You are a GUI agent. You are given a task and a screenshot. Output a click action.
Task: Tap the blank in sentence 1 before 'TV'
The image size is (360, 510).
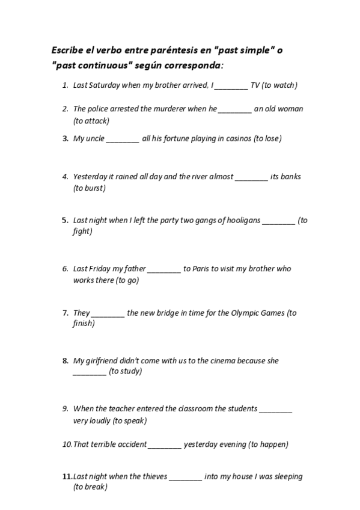click(x=231, y=85)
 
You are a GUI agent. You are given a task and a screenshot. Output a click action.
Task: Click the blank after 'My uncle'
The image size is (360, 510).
click(x=123, y=138)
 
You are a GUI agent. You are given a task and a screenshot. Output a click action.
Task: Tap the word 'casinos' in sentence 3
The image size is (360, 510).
click(x=238, y=138)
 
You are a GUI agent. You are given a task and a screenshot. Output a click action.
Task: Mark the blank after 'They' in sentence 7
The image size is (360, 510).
click(x=108, y=313)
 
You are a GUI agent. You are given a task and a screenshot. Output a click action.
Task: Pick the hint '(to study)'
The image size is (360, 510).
click(x=126, y=371)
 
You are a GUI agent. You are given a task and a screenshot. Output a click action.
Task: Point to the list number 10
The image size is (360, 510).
click(x=67, y=444)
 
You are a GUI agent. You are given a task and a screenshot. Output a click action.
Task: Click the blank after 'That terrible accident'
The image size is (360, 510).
click(x=164, y=444)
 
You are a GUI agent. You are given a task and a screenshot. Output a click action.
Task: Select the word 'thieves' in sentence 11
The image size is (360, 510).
click(x=153, y=477)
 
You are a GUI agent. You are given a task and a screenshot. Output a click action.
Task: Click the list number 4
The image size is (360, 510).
click(x=65, y=177)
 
